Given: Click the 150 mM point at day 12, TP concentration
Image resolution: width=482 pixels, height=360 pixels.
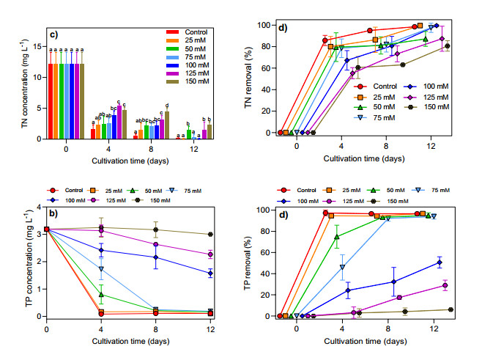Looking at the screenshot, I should pos(210,235).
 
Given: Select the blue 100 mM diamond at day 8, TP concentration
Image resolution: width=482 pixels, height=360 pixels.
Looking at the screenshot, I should pos(155,257).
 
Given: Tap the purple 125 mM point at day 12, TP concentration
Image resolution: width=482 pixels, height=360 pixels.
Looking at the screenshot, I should pos(210,254).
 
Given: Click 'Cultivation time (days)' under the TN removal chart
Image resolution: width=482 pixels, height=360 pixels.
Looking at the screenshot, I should pos(366,158).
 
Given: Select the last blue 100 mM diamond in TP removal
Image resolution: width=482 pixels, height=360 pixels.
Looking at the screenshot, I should pos(439,262).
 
